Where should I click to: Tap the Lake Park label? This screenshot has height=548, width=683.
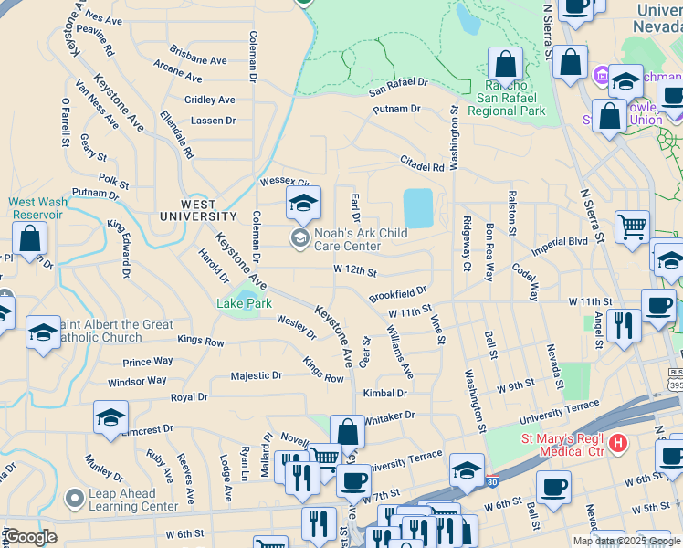[244, 303]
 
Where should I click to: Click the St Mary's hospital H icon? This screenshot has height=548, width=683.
[618, 445]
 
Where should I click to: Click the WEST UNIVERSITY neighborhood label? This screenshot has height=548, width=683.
[197, 210]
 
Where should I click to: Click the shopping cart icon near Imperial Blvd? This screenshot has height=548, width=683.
[632, 225]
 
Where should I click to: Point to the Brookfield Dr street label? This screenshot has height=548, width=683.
[398, 295]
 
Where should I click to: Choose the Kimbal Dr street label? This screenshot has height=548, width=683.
[384, 393]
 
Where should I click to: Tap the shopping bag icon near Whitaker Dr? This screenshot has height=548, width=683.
[347, 432]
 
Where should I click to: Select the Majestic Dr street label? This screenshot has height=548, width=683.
[257, 375]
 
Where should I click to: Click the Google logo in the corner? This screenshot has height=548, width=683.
[30, 537]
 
